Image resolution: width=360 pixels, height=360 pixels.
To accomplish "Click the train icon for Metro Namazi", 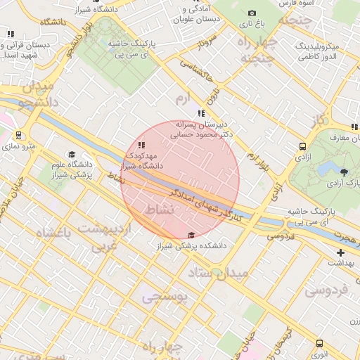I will [x=18, y=136].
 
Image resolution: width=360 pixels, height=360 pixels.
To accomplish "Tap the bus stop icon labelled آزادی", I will [x=302, y=146].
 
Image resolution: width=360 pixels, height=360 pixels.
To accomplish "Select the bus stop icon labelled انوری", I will [x=320, y=344].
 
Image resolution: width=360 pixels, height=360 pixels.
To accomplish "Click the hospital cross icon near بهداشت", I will [x=340, y=252].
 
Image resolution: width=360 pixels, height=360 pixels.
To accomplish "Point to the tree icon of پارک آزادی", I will [x=344, y=172].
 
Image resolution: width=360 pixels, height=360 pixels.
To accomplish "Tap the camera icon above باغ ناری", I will [x=252, y=13].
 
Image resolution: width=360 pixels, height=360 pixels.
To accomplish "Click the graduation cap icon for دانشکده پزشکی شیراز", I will [x=191, y=235].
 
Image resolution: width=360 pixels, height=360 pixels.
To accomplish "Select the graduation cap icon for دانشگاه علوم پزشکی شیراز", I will [x=71, y=154].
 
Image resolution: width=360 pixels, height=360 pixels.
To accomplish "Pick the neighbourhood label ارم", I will [x=183, y=99].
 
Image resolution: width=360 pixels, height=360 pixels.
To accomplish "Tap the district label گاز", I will [x=319, y=120].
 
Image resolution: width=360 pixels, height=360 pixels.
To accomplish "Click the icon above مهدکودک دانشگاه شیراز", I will [x=142, y=145].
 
